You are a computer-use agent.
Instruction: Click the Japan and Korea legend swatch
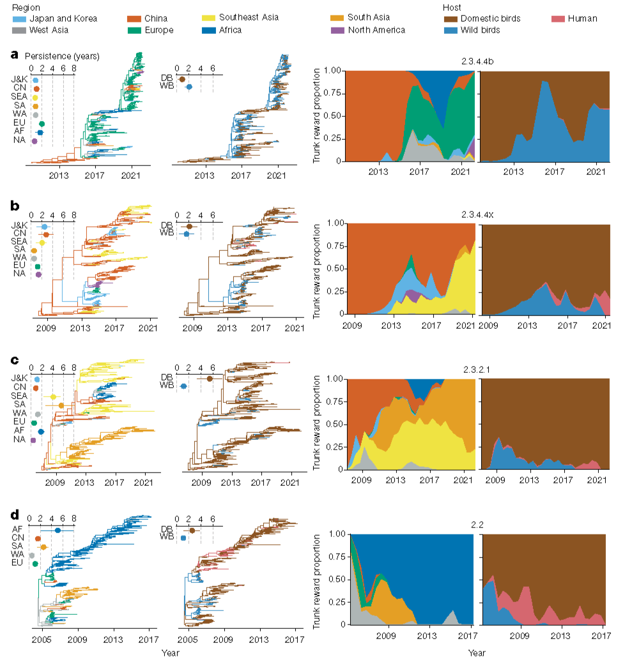point(20,19)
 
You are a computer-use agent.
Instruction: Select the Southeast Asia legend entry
point(240,18)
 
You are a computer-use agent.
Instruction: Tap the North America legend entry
point(368,30)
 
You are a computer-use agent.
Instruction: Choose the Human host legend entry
point(575,19)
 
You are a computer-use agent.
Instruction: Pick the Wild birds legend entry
point(472,30)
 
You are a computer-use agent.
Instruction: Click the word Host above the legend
point(452,8)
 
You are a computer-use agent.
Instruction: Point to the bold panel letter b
point(15,206)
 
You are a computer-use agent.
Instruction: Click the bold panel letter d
point(15,515)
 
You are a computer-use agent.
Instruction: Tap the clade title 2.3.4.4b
point(477,61)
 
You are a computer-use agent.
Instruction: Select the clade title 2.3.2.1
point(476,370)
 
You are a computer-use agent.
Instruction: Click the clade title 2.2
point(477,525)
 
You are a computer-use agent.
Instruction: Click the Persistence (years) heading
point(62,56)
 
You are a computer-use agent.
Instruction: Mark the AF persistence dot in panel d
point(58,530)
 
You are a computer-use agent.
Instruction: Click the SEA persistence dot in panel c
point(53,396)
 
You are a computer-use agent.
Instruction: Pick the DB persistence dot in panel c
point(210,379)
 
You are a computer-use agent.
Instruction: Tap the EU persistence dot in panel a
point(42,124)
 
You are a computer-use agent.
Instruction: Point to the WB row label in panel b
point(167,232)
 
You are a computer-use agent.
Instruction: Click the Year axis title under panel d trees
point(171,653)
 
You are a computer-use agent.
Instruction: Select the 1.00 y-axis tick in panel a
point(332,70)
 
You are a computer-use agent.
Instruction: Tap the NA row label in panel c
point(19,439)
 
